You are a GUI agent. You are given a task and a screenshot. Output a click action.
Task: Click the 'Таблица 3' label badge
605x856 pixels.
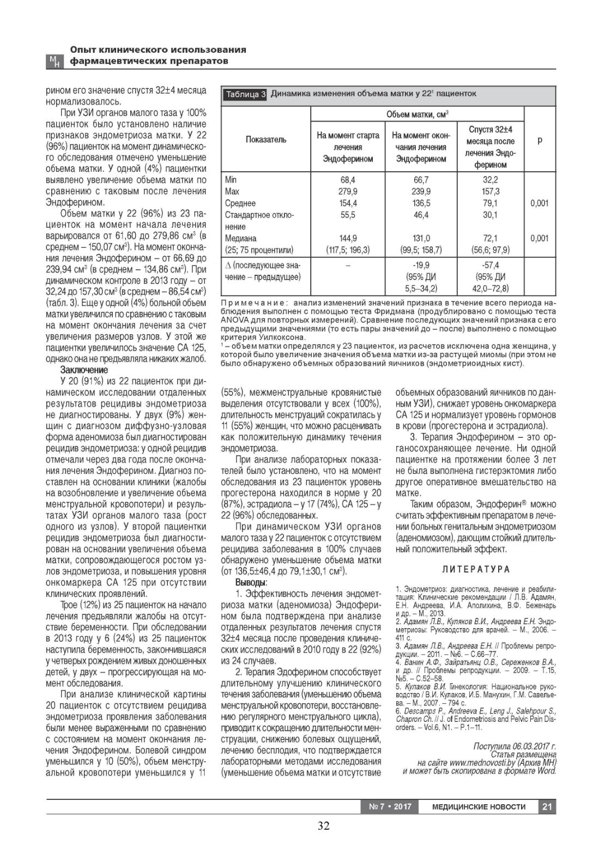pyautogui.click(x=245, y=94)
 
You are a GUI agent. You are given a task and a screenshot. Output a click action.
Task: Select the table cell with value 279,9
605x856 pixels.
pyautogui.click(x=348, y=191)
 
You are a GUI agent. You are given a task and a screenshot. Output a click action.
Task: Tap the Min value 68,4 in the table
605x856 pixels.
pyautogui.click(x=348, y=179)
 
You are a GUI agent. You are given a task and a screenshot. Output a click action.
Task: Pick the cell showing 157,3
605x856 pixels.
pyautogui.click(x=490, y=191)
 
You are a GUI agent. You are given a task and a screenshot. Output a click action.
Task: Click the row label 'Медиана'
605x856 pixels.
pyautogui.click(x=240, y=238)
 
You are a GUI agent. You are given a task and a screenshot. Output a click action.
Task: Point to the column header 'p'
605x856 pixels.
pyautogui.click(x=539, y=140)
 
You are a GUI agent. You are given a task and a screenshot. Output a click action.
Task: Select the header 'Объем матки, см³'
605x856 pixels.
pyautogui.click(x=417, y=114)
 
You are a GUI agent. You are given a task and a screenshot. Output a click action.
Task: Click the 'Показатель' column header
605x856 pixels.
pyautogui.click(x=265, y=140)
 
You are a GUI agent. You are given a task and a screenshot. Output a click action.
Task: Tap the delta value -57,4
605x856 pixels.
pyautogui.click(x=490, y=265)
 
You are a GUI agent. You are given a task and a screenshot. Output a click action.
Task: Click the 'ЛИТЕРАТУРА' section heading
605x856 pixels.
pyautogui.click(x=476, y=569)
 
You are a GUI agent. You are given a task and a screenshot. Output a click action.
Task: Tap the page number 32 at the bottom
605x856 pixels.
pyautogui.click(x=323, y=825)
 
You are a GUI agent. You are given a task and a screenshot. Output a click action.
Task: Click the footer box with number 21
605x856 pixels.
pyautogui.click(x=547, y=806)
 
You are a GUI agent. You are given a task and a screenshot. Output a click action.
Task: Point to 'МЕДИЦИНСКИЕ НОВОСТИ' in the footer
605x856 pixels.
pyautogui.click(x=479, y=806)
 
